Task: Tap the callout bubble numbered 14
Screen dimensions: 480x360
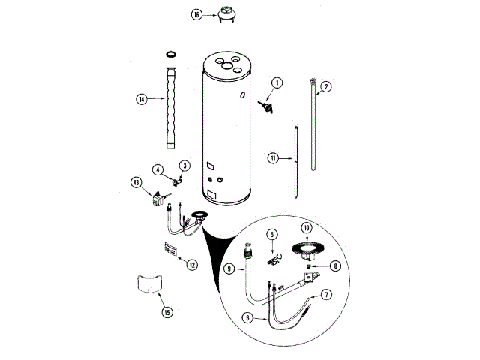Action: tap(141, 98)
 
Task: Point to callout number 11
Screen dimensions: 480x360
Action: tap(273, 157)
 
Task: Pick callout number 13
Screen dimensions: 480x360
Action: tap(136, 181)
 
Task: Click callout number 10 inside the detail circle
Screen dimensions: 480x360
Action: tap(305, 227)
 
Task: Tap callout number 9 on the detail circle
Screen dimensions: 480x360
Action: tap(230, 268)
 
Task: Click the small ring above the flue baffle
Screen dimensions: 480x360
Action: tap(172, 55)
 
